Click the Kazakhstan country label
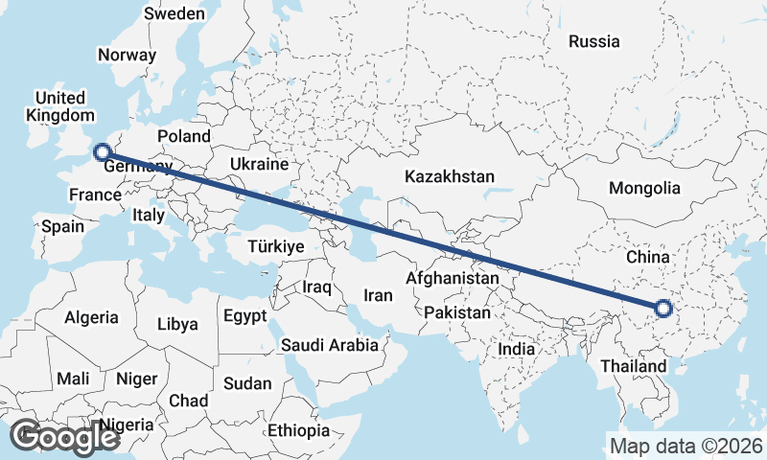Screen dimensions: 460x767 tap(449, 177)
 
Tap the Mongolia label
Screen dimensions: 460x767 tap(644, 188)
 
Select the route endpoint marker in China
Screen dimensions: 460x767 tap(662, 309)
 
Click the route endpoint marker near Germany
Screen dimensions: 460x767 tap(102, 151)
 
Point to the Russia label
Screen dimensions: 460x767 tap(593, 41)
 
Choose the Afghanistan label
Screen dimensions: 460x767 tap(453, 279)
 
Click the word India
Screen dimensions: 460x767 tap(516, 350)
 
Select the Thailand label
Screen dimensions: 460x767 tap(633, 367)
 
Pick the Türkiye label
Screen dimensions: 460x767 tap(275, 246)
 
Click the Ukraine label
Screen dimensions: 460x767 tap(259, 165)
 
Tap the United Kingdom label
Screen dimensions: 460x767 tap(60, 106)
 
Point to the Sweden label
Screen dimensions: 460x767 tap(174, 13)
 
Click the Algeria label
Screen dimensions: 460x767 tap(92, 317)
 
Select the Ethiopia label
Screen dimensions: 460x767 tap(298, 430)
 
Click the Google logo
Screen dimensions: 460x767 tap(64, 437)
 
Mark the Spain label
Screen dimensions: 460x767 tap(63, 227)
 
